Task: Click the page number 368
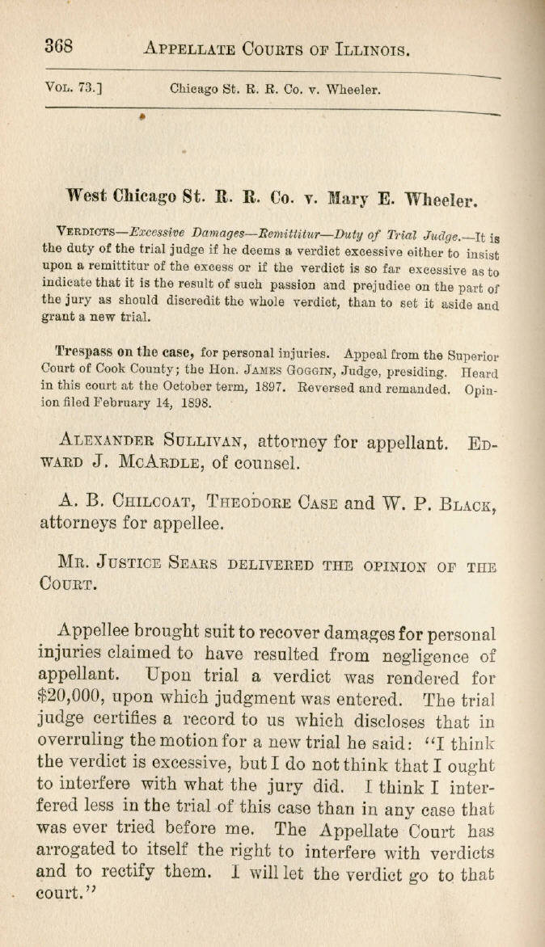click(59, 46)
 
